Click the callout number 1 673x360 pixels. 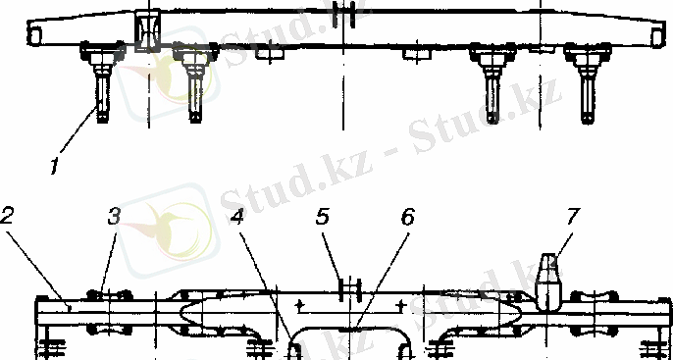[x=54, y=167]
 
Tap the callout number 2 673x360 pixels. [x=7, y=216]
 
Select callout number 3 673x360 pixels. [x=114, y=216]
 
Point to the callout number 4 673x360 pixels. [x=237, y=216]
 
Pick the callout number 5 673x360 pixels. [x=323, y=216]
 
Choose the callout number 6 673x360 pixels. [x=408, y=216]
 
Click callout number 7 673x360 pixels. [x=573, y=216]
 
